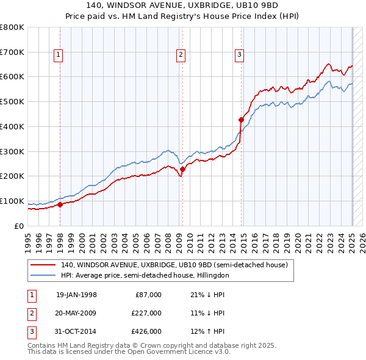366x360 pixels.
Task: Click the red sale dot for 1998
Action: click(60, 204)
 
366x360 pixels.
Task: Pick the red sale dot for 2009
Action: click(183, 169)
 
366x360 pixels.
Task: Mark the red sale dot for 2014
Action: click(242, 120)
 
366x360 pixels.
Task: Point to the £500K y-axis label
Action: click(12, 102)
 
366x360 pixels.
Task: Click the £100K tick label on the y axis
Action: click(12, 201)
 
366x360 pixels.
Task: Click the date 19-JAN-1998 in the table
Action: click(76, 295)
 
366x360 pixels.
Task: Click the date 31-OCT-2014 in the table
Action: click(76, 331)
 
